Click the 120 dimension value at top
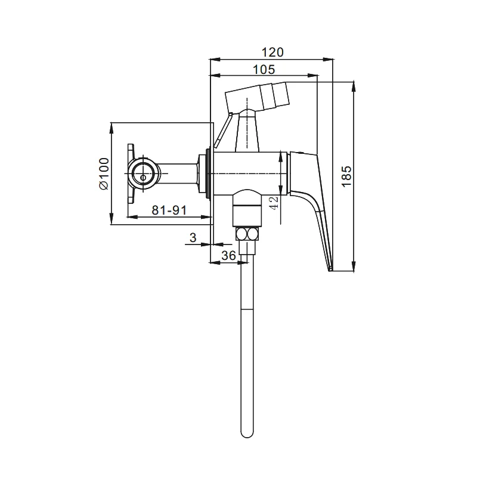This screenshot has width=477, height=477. pyautogui.click(x=272, y=52)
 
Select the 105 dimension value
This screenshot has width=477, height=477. pyautogui.click(x=264, y=69)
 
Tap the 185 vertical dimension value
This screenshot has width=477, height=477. pyautogui.click(x=346, y=176)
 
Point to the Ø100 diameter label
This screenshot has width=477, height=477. pyautogui.click(x=104, y=174)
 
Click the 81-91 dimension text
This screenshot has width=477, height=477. pyautogui.click(x=169, y=210)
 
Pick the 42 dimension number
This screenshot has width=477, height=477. pyautogui.click(x=274, y=203)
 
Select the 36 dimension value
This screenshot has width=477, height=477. pyautogui.click(x=228, y=256)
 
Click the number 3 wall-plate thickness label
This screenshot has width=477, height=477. pyautogui.click(x=193, y=237)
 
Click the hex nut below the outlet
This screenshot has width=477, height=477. pyautogui.click(x=247, y=234)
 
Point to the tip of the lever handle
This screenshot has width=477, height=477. pyautogui.click(x=330, y=270)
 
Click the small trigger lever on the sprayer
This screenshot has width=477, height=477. pyautogui.click(x=223, y=130)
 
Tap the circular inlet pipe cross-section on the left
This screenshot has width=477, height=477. pyautogui.click(x=143, y=174)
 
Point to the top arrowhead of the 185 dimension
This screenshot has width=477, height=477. pyautogui.click(x=354, y=86)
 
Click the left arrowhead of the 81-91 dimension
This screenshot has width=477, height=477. pyautogui.click(x=132, y=217)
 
